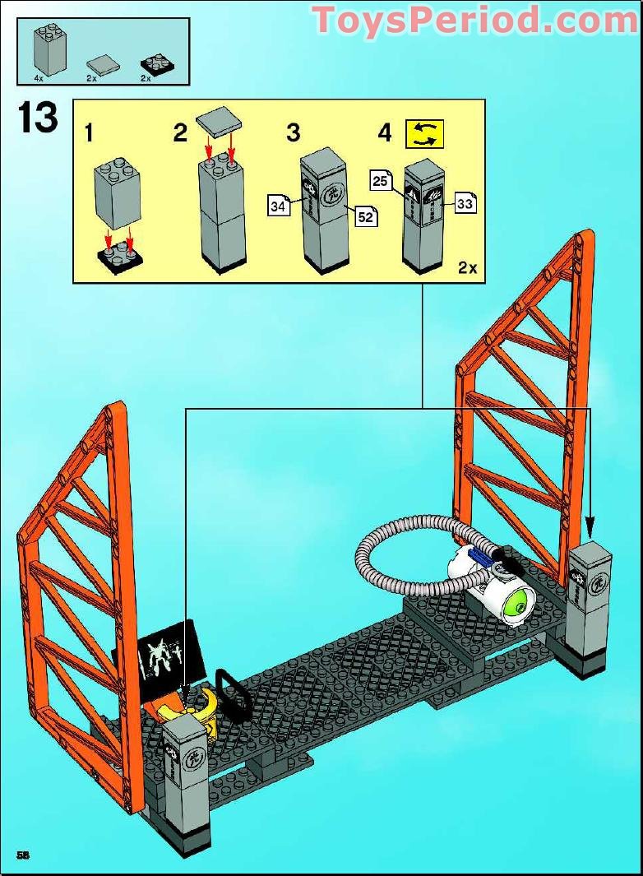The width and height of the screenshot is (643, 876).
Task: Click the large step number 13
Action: click(38, 119)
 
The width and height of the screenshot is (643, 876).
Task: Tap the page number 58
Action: click(22, 855)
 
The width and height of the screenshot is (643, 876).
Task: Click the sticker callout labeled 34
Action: click(279, 206)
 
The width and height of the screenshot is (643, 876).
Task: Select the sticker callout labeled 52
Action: click(365, 218)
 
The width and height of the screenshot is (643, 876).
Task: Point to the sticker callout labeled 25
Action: click(380, 181)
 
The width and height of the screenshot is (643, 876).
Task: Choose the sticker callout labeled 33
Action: click(465, 203)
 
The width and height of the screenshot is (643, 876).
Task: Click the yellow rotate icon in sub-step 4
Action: click(424, 134)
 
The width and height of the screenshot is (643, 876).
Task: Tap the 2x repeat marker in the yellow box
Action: click(467, 267)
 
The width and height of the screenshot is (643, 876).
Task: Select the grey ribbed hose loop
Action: click(395, 559)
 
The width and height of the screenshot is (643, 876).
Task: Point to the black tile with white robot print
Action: click(171, 654)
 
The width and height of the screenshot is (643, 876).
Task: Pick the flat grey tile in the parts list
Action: click(103, 64)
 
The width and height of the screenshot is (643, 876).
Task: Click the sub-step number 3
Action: click(294, 132)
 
